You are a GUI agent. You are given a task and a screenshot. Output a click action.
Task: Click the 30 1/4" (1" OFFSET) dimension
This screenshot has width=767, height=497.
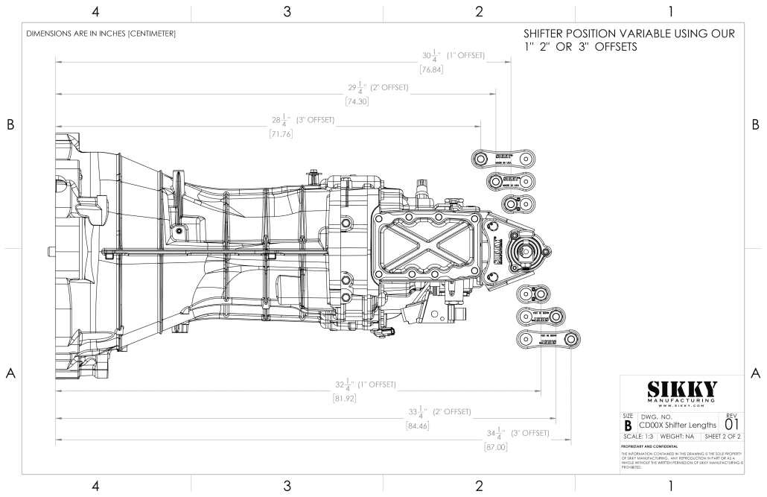453,56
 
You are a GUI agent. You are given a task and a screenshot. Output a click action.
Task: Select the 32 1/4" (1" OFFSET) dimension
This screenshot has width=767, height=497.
365,385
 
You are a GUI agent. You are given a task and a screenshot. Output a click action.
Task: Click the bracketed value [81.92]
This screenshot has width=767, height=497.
345,399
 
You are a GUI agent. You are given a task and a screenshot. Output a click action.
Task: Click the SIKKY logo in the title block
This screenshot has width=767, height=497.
681,390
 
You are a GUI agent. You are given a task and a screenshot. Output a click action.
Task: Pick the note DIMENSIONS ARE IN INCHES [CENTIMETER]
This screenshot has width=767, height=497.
101,34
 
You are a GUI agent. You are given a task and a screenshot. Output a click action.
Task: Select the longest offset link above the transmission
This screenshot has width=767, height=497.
504,158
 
